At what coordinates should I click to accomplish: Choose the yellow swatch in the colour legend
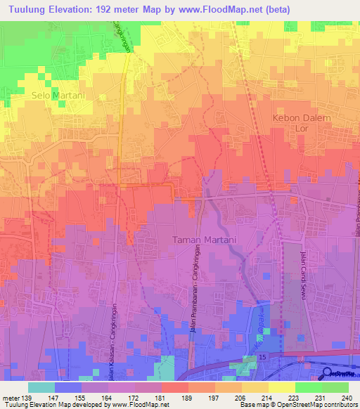pos(281,387)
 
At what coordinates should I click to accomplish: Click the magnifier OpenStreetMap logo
pos(328,375)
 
